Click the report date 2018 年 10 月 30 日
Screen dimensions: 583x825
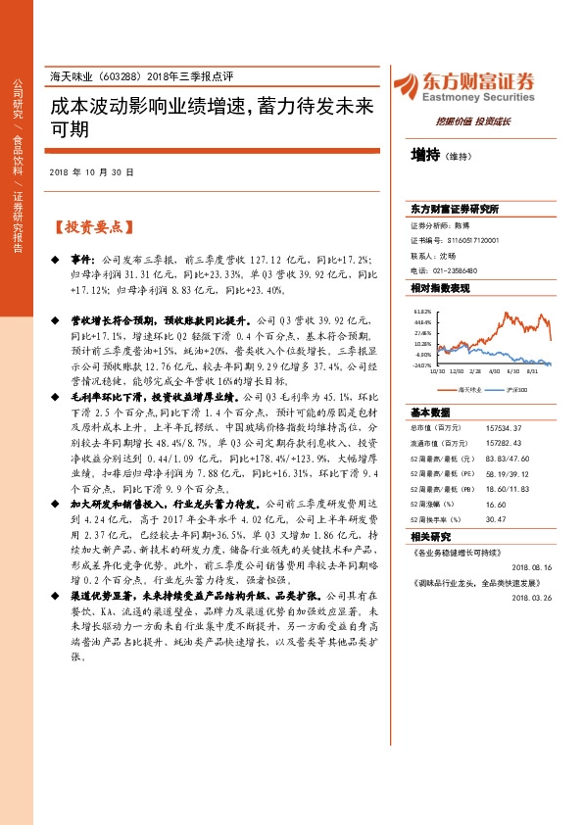(91, 171)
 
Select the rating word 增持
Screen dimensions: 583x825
(423, 154)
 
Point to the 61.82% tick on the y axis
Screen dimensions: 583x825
(422, 311)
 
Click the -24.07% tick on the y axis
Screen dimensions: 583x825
(422, 365)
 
